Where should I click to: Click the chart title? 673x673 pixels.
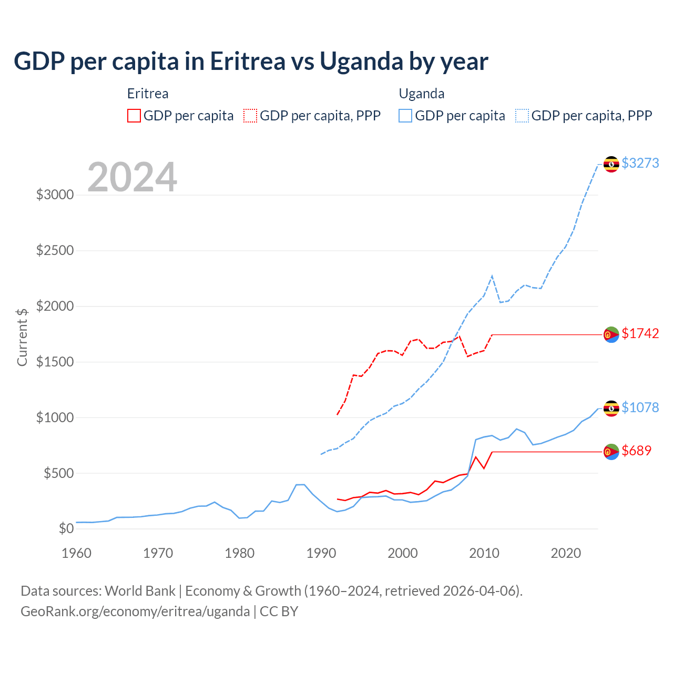click(251, 62)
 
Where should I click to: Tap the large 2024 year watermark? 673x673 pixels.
click(132, 177)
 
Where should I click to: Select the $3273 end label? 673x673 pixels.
click(640, 163)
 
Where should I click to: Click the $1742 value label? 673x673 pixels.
click(640, 333)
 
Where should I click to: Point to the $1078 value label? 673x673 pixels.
click(640, 407)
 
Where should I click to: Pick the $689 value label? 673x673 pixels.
click(636, 451)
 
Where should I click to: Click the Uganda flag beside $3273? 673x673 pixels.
click(611, 164)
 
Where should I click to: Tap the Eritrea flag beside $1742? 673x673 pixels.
click(611, 334)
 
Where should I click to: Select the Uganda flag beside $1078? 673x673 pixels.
click(611, 409)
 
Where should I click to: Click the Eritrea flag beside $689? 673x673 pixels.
click(611, 452)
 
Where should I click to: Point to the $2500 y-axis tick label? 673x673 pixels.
click(55, 250)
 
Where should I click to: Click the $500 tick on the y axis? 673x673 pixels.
click(58, 473)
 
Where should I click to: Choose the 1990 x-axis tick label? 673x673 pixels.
click(321, 553)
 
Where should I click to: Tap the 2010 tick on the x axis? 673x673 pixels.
click(484, 553)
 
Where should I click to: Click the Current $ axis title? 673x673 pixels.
click(22, 337)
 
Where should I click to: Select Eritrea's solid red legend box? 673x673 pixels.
click(134, 116)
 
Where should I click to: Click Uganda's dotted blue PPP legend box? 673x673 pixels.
click(522, 116)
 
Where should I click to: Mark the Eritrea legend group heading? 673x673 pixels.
click(148, 94)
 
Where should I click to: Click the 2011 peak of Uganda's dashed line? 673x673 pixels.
click(492, 276)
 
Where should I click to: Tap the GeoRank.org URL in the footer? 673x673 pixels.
click(135, 611)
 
